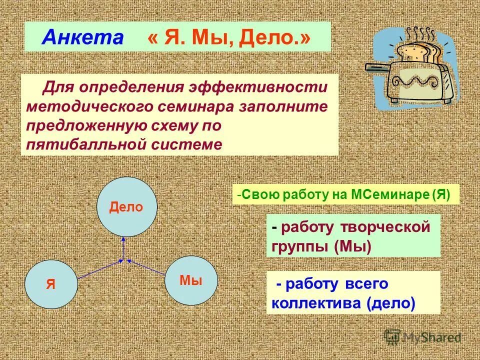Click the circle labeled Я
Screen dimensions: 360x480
(x=51, y=283)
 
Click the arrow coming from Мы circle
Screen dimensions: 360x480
(x=147, y=267)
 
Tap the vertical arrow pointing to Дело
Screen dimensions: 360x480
(x=123, y=248)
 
